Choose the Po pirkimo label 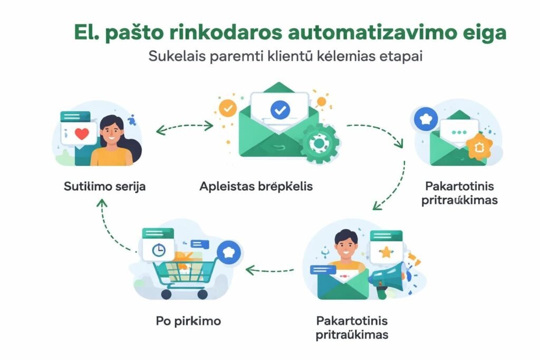click(188, 321)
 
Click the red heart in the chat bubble click(82, 134)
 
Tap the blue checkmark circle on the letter click(279, 110)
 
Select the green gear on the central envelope click(319, 143)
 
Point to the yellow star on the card click(387, 252)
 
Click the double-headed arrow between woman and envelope click(184, 127)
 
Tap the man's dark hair click(346, 236)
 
